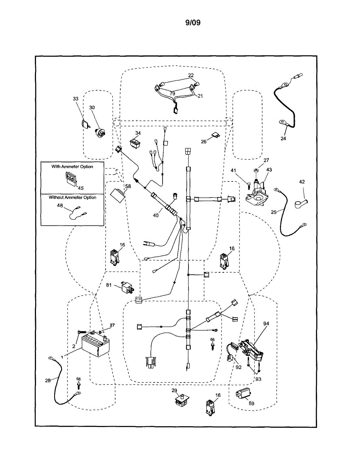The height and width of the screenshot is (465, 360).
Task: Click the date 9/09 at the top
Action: click(193, 22)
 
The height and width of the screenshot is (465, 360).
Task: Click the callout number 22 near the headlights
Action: click(191, 75)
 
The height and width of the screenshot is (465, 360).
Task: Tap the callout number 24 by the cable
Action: click(283, 138)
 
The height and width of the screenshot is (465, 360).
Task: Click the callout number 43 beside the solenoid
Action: click(269, 170)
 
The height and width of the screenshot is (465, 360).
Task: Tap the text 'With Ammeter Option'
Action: click(72, 166)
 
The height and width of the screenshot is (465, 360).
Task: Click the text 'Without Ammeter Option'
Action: click(72, 197)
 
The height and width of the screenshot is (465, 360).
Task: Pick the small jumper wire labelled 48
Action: click(77, 212)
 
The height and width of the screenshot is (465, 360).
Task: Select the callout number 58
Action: click(128, 186)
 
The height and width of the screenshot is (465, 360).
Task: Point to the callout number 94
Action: click(266, 323)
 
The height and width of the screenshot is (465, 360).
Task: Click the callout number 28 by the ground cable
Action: click(48, 381)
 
